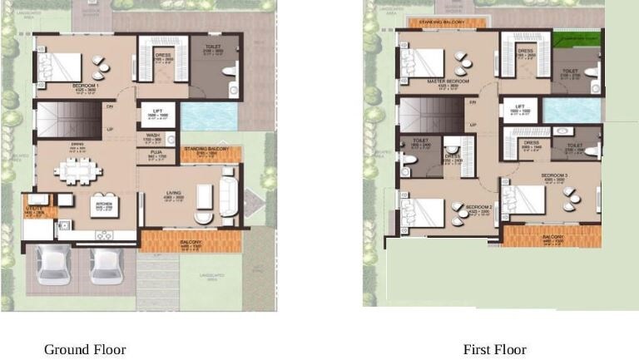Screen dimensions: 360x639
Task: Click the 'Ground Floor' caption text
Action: (85, 349)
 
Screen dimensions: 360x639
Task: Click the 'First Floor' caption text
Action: (494, 349)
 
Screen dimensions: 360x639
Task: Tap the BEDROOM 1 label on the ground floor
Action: (86, 86)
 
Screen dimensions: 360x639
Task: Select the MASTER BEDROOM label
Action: (448, 81)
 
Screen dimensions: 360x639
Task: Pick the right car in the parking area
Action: (106, 264)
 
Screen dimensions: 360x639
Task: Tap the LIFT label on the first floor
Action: (518, 107)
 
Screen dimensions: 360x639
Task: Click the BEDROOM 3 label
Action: (553, 175)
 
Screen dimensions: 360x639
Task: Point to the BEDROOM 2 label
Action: (479, 207)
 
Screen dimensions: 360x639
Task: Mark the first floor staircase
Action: (430, 115)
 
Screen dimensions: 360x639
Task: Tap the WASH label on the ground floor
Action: (153, 136)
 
